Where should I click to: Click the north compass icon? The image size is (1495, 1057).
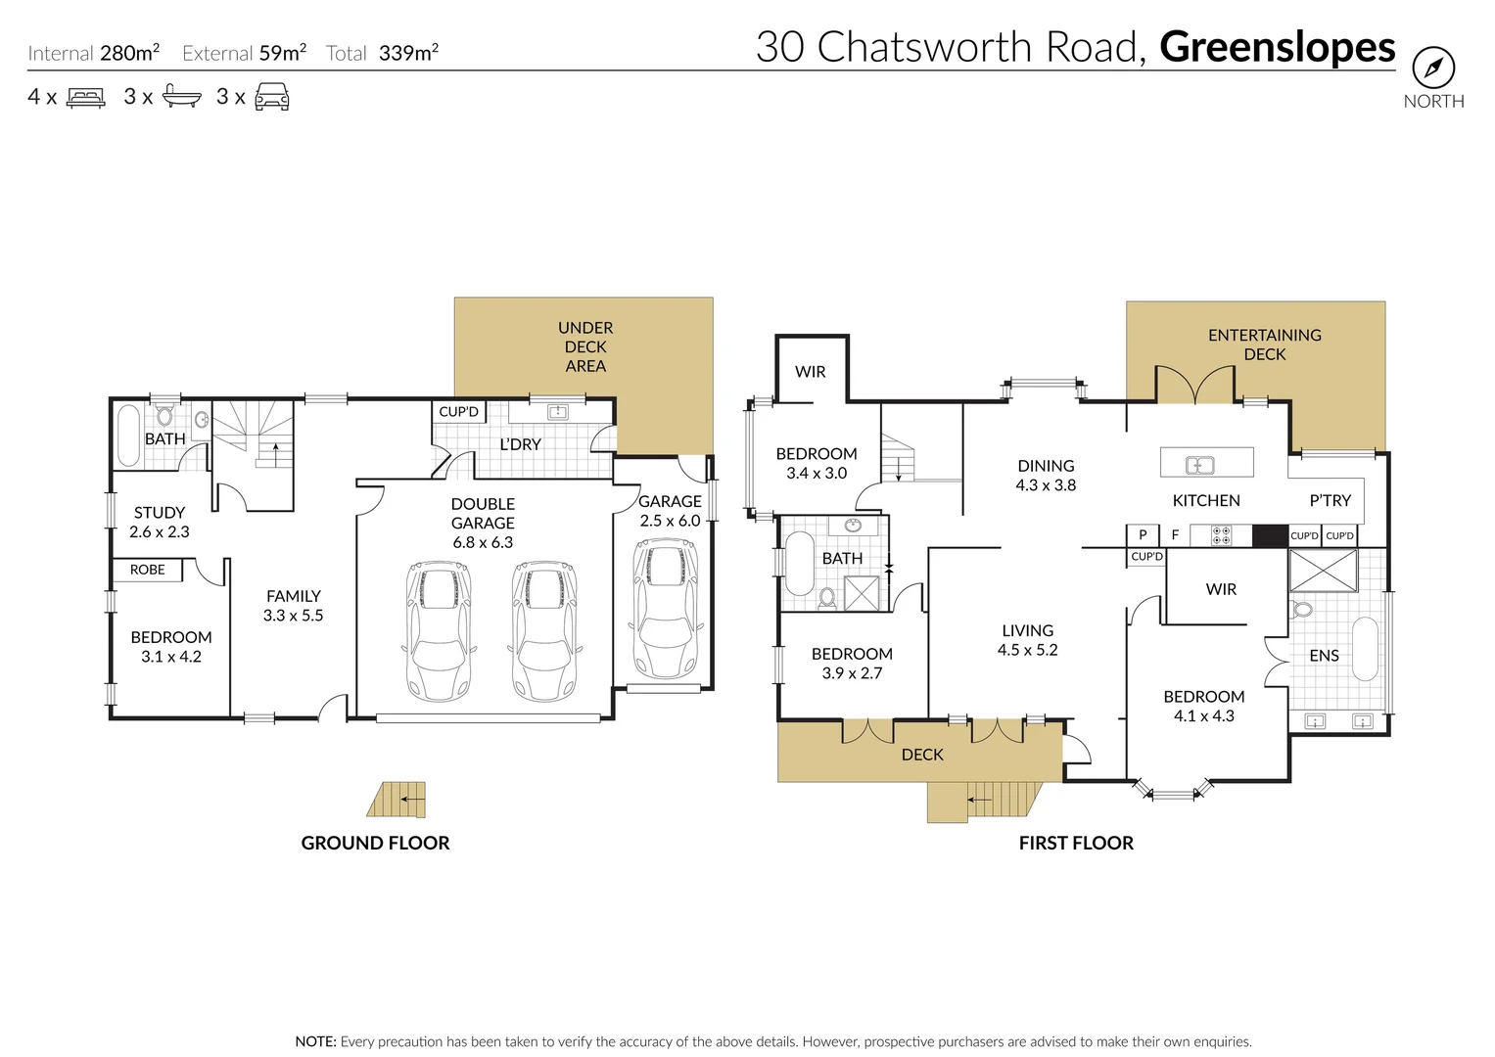[1432, 69]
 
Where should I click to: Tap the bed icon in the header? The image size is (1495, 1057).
[85, 97]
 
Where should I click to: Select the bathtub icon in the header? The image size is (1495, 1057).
[182, 96]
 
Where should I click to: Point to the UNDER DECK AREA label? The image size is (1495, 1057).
[584, 346]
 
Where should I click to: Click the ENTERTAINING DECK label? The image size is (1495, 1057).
[1264, 345]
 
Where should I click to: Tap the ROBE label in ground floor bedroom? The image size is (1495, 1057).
[147, 570]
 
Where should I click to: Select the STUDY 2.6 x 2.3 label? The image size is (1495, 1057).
[159, 522]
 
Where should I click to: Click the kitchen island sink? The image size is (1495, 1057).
[1199, 465]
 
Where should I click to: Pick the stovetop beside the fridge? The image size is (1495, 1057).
[1221, 535]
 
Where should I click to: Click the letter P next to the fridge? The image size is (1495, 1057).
[1142, 535]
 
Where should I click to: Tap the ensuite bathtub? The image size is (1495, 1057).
[1364, 648]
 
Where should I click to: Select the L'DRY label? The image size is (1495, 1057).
[520, 444]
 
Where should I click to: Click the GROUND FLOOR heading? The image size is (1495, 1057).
[375, 843]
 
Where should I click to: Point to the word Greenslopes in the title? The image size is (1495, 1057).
[1277, 47]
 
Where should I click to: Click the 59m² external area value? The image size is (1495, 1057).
[282, 53]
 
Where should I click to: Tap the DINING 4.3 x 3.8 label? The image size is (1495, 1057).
[1045, 475]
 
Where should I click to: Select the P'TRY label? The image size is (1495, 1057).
[1330, 500]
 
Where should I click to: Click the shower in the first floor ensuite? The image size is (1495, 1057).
[1323, 571]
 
